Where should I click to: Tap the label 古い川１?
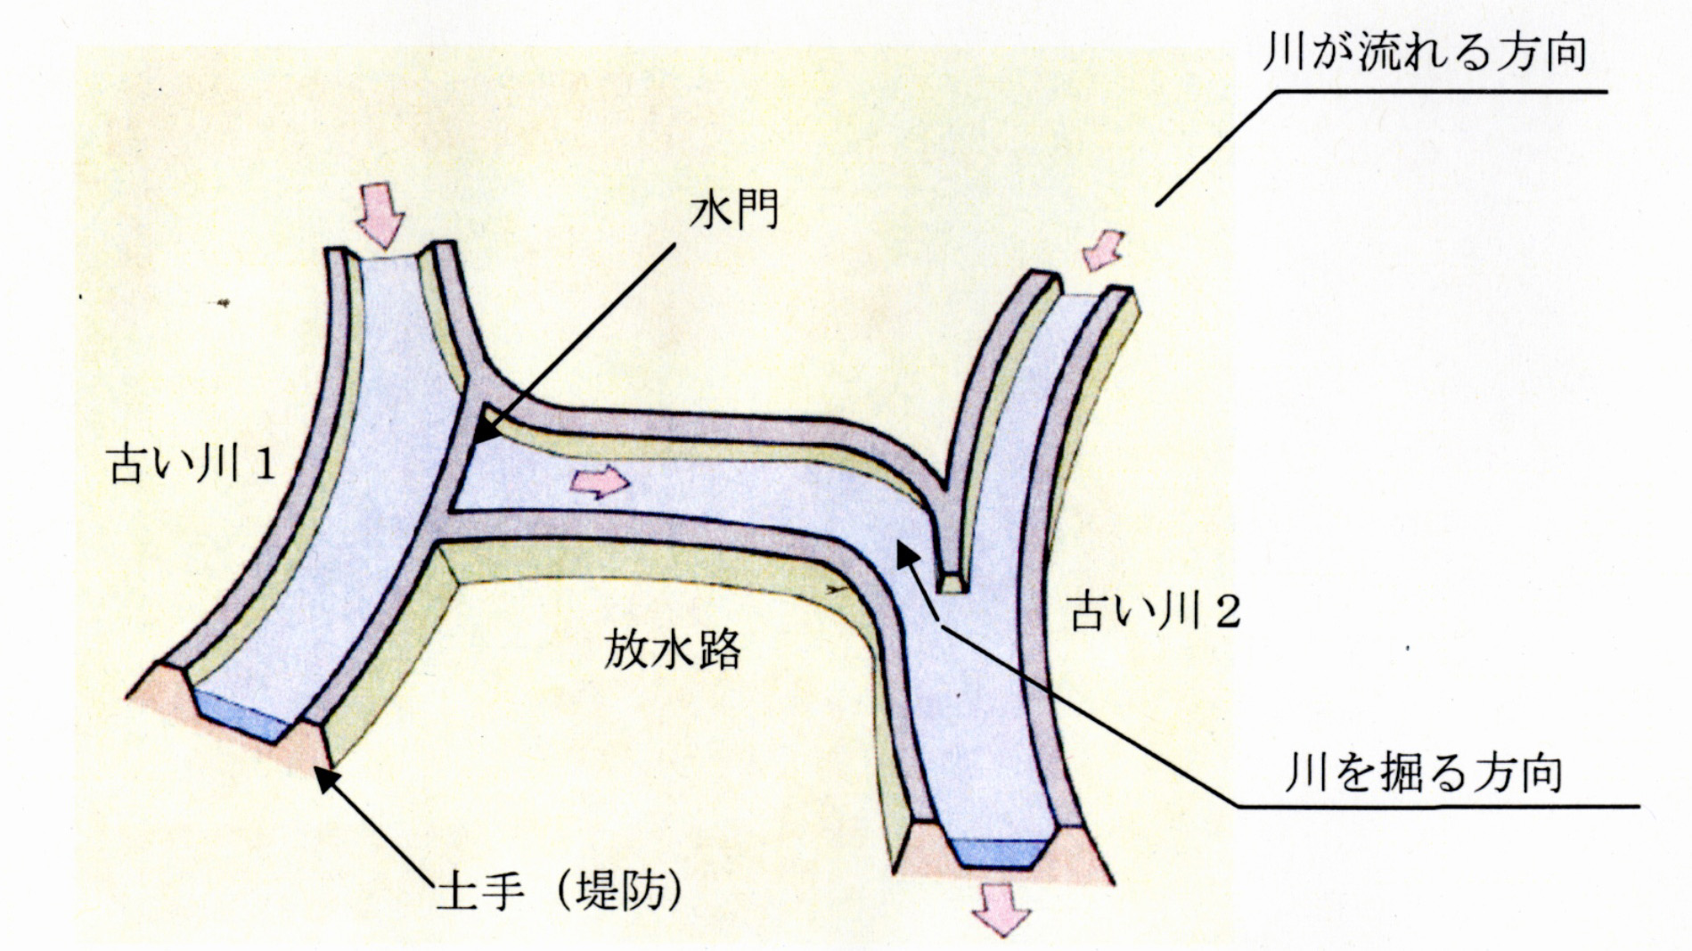[190, 464]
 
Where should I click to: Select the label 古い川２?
[1154, 611]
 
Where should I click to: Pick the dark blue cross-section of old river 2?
[998, 852]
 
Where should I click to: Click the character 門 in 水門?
[757, 211]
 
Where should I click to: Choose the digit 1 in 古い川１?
[263, 465]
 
